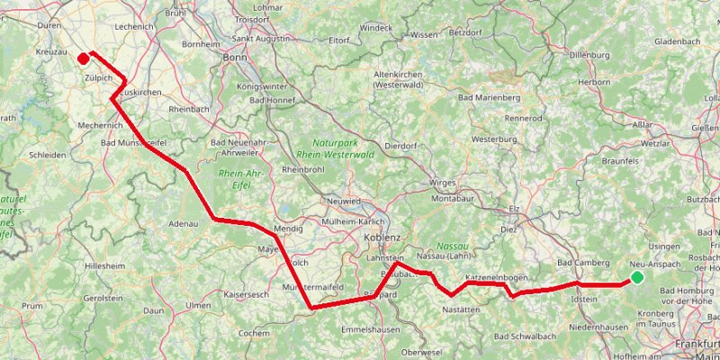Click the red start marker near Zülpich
tap(83, 59)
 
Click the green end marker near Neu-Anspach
tap(637, 276)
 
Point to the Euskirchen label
tap(139, 93)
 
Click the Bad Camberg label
tap(578, 262)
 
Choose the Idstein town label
tap(584, 298)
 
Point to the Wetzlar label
tap(654, 143)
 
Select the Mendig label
tap(288, 229)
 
